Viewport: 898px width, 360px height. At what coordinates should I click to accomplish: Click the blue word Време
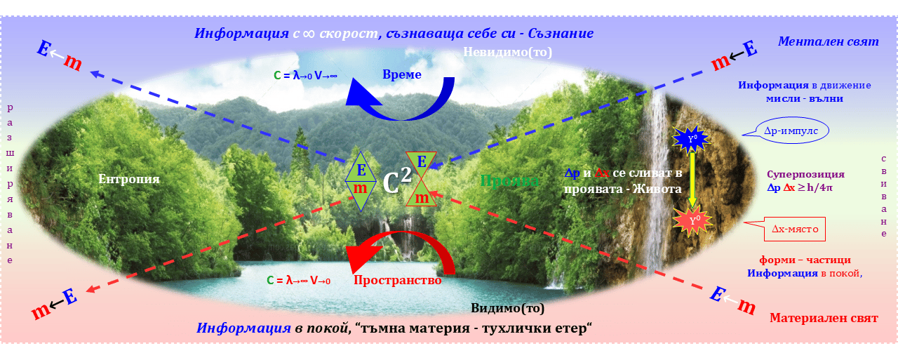(402, 75)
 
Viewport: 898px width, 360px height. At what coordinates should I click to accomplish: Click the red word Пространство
(397, 280)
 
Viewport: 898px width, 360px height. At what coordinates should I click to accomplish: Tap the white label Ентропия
(129, 179)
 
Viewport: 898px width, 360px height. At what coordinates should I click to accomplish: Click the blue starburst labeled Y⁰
(692, 139)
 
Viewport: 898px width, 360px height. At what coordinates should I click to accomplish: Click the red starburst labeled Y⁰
(692, 221)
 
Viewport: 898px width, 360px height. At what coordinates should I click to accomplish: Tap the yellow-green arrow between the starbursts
(692, 180)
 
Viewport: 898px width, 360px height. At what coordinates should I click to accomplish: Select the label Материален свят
(823, 318)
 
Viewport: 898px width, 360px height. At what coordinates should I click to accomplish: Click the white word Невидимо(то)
(507, 52)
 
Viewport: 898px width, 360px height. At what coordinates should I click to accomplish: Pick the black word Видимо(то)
(507, 308)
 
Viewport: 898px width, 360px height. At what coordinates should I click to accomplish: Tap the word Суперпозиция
(805, 174)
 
